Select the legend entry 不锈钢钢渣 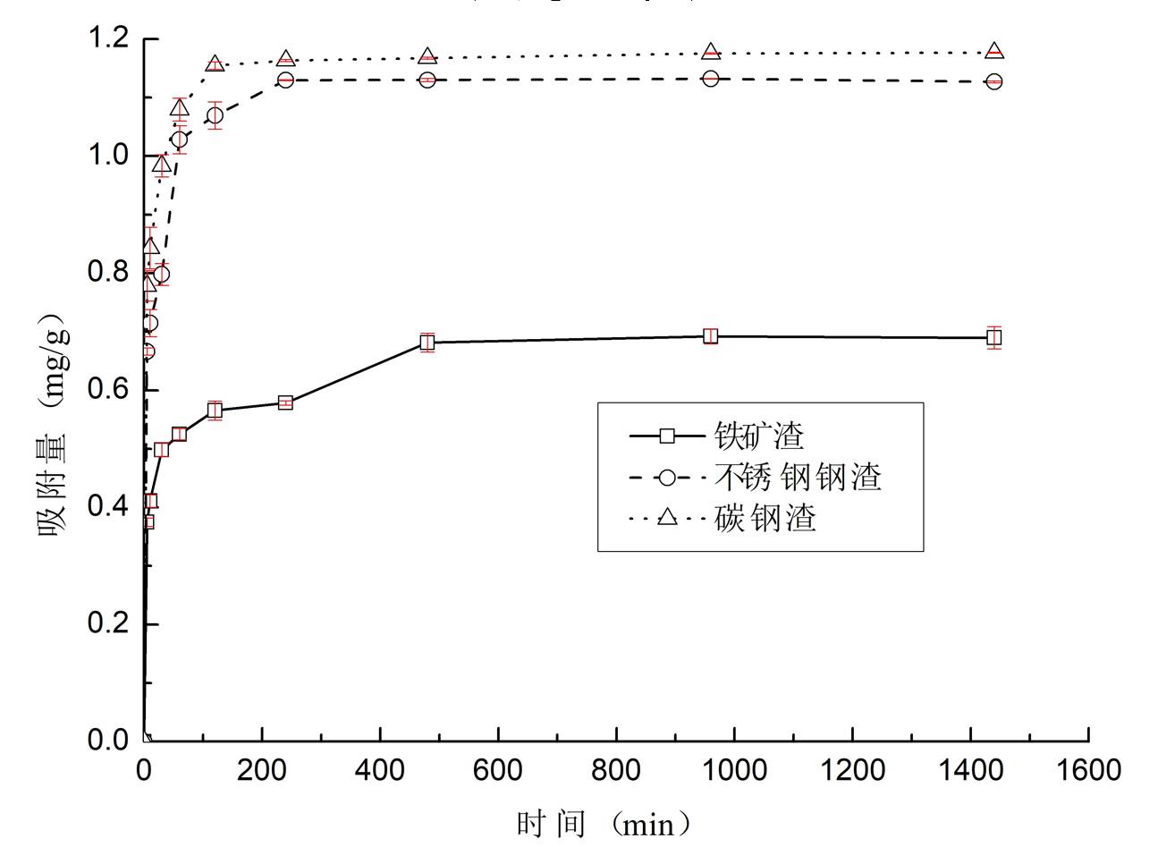pyautogui.click(x=799, y=477)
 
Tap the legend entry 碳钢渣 pyautogui.click(x=765, y=518)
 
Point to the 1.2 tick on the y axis pyautogui.click(x=108, y=39)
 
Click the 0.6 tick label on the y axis pyautogui.click(x=108, y=390)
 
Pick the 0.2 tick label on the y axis pyautogui.click(x=108, y=623)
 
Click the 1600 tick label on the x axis pyautogui.click(x=1087, y=770)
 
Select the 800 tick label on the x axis pyautogui.click(x=616, y=770)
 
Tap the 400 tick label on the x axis pyautogui.click(x=380, y=770)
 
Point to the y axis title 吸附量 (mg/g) pyautogui.click(x=53, y=423)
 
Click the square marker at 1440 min pyautogui.click(x=993, y=337)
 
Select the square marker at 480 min pyautogui.click(x=427, y=342)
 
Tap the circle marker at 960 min pyautogui.click(x=710, y=79)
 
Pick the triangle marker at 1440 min pyautogui.click(x=993, y=52)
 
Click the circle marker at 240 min pyautogui.click(x=285, y=80)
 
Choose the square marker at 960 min pyautogui.click(x=710, y=336)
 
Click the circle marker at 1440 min pyautogui.click(x=993, y=81)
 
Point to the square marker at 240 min pyautogui.click(x=285, y=402)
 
